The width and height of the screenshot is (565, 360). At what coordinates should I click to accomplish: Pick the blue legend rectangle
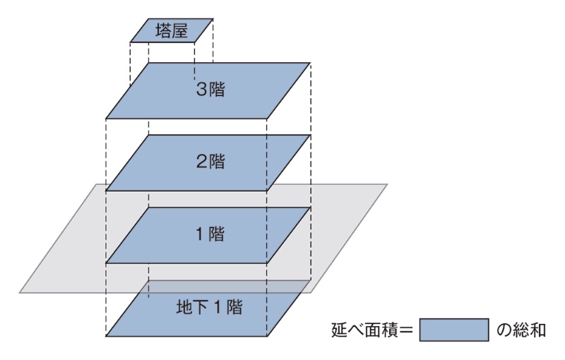(454, 330)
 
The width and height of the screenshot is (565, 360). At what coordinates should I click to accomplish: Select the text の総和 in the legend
(521, 330)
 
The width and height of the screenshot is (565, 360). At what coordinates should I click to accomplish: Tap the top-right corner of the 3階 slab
(310, 62)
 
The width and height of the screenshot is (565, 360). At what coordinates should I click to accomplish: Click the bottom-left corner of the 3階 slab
(106, 118)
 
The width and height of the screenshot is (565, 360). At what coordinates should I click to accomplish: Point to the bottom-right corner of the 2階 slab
(267, 190)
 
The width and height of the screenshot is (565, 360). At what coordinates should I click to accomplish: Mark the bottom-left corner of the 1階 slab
(106, 263)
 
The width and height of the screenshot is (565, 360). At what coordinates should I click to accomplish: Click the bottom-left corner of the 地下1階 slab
(106, 335)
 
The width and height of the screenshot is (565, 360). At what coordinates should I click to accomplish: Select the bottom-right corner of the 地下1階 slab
(267, 335)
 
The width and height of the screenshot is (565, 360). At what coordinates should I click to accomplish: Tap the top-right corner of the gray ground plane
(388, 184)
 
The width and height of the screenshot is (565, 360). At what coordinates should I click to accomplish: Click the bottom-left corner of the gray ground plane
(19, 292)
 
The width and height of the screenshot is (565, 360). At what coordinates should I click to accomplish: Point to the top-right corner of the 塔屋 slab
(213, 19)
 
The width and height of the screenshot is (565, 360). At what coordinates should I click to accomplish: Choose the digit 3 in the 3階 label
(201, 90)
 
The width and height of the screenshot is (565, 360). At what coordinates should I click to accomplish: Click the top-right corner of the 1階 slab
(310, 208)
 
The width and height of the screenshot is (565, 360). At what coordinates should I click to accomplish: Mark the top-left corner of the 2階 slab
(149, 135)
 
